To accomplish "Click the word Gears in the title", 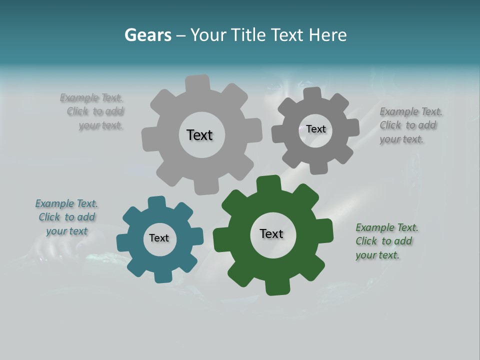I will [147, 35].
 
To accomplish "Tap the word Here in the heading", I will [327, 35].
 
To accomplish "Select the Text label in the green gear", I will [271, 233].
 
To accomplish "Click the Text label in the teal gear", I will [159, 238].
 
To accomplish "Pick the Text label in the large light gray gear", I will [199, 135].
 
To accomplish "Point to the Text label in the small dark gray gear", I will [315, 129].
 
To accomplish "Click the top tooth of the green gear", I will [269, 183].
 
